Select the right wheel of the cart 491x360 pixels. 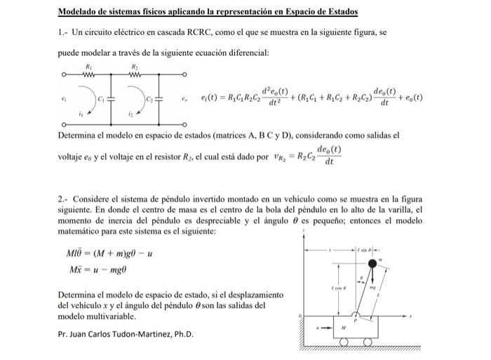384,342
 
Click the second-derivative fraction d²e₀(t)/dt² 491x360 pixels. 269,98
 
